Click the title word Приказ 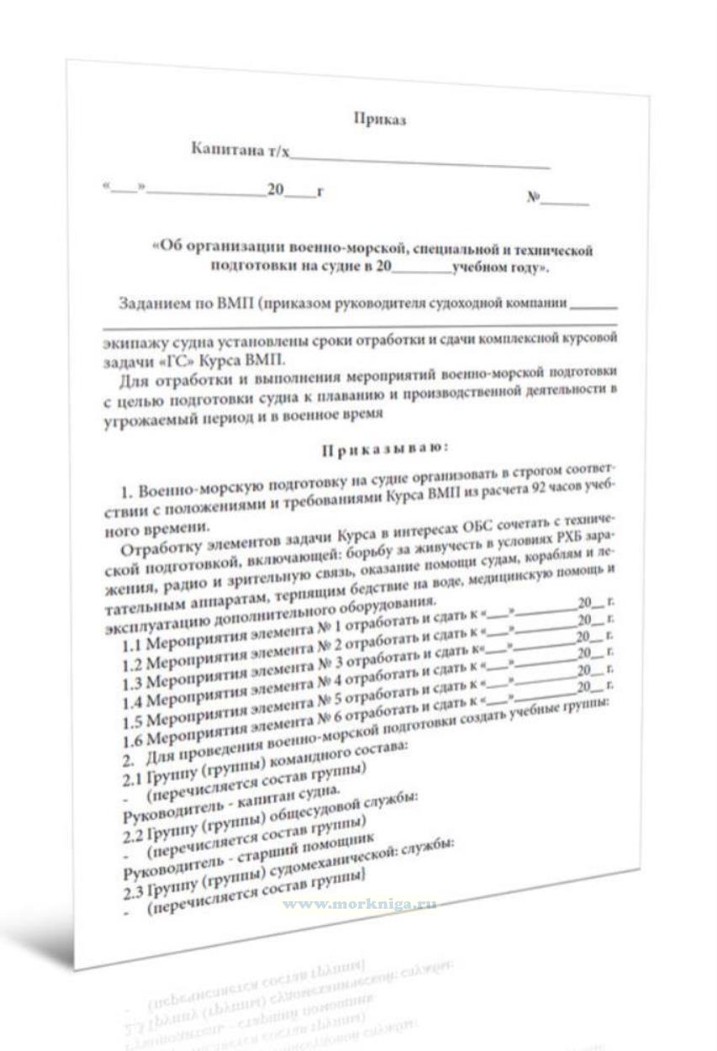pos(380,119)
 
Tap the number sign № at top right pos(534,199)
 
